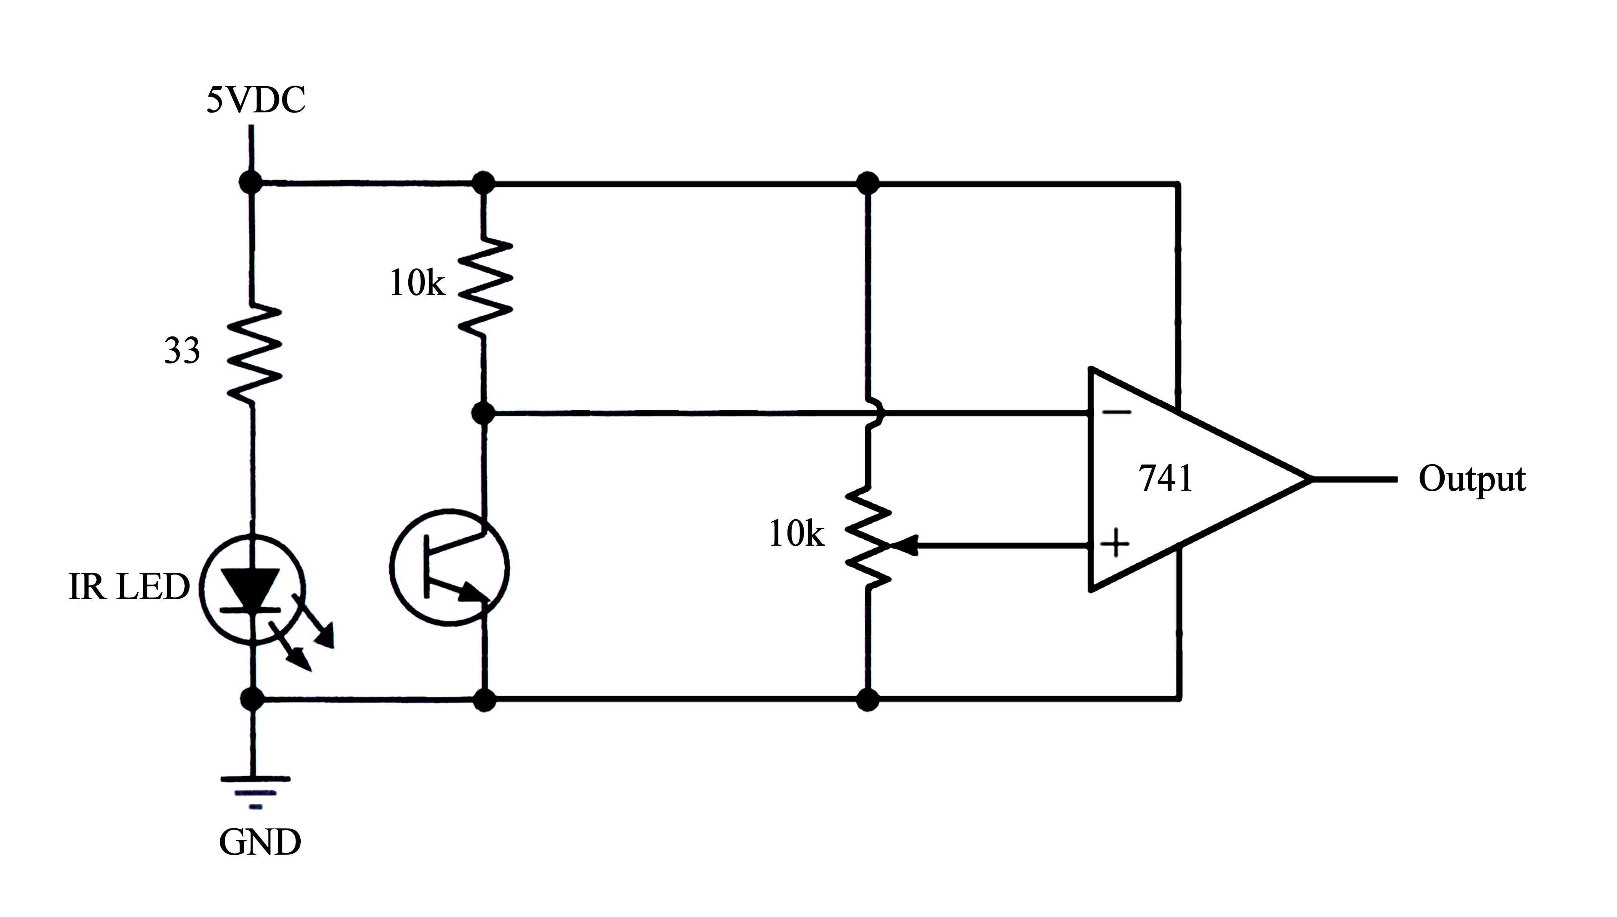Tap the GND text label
click(x=260, y=842)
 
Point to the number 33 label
click(x=182, y=351)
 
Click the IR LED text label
click(x=129, y=587)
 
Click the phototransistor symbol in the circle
click(x=450, y=567)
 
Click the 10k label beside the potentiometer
click(x=796, y=535)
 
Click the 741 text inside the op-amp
click(x=1165, y=479)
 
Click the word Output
click(x=1471, y=479)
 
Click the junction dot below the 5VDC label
click(x=251, y=183)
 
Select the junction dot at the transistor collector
click(x=483, y=414)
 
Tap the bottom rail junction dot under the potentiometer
click(x=868, y=699)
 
